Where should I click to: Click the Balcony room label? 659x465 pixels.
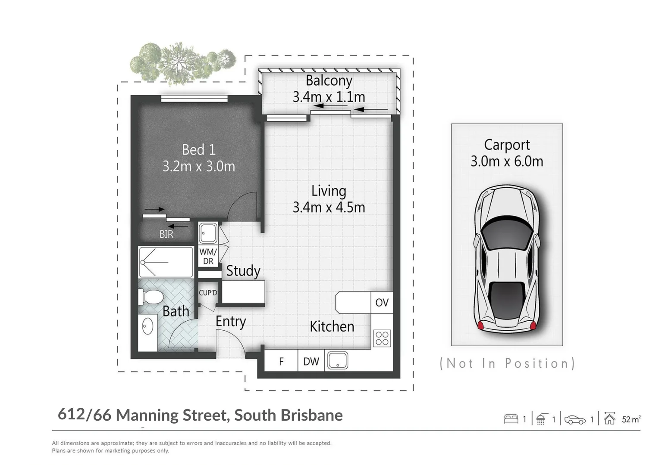pos(329,81)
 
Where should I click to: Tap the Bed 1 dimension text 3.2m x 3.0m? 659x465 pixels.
pos(199,166)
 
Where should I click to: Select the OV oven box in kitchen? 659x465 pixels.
pos(382,303)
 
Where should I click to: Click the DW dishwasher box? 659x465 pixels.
pos(311,361)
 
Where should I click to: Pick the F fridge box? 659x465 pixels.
pos(281,361)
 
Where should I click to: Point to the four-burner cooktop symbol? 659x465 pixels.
pos(382,338)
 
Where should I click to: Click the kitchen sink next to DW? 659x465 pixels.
pos(338,360)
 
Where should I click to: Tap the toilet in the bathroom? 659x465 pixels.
pos(150,297)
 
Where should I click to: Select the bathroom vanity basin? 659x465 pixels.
pos(147,326)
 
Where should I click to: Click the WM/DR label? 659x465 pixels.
pos(208,257)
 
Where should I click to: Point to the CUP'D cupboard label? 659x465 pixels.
pos(208,293)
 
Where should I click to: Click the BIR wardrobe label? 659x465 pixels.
pos(166,234)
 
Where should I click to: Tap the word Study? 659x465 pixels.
pos(243,271)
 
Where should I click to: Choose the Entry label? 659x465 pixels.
pos(231,322)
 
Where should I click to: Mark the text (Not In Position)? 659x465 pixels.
pos(507,363)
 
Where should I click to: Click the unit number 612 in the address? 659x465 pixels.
pos(71,414)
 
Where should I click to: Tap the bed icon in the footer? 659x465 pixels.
pos(511,419)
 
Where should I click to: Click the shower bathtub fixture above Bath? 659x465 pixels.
pos(166,262)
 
